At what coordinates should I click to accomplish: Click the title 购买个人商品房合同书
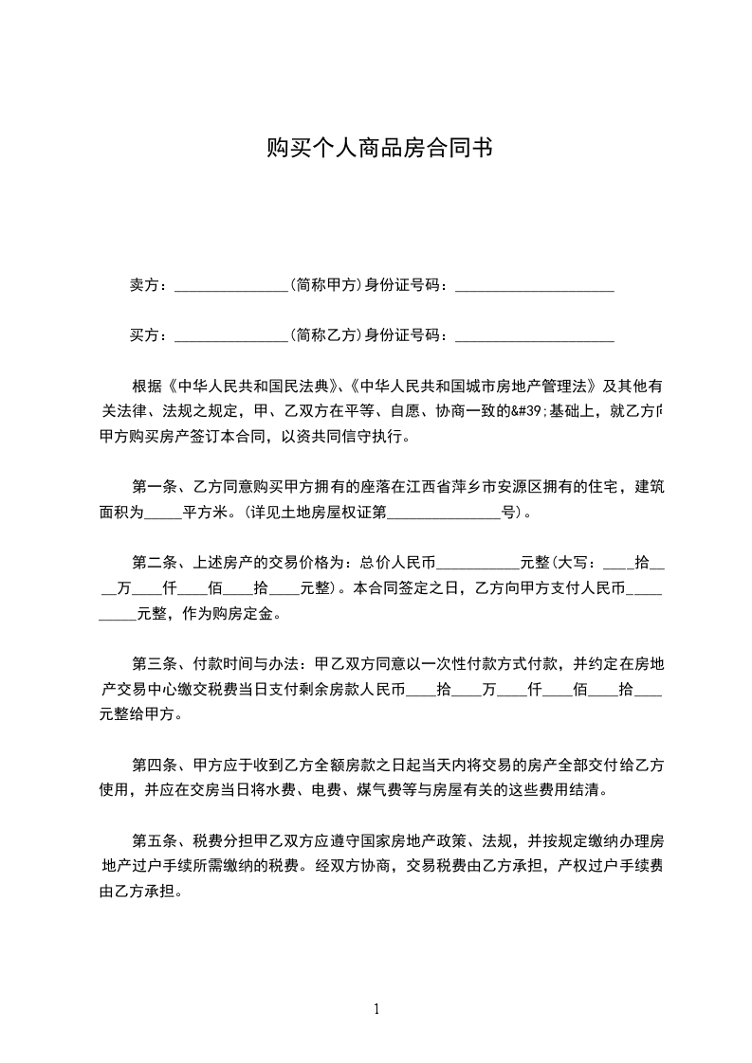[378, 149]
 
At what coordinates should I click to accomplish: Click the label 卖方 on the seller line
[144, 284]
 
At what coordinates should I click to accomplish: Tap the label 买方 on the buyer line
[144, 334]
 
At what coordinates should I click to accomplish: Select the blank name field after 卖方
[231, 286]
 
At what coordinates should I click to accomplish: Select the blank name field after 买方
[231, 336]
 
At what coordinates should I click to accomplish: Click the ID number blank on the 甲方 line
[535, 286]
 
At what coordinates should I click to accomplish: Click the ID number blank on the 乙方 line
[535, 336]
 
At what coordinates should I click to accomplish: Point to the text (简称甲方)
[326, 284]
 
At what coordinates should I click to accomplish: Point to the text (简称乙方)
[326, 334]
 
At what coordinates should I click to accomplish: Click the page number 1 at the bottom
[376, 1009]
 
